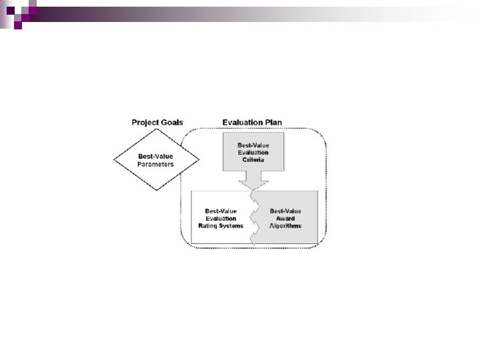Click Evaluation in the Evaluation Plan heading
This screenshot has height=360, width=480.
(241, 122)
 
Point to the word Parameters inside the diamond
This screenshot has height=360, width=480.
(155, 164)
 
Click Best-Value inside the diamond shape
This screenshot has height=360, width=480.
(155, 157)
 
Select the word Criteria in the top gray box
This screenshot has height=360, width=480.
(253, 160)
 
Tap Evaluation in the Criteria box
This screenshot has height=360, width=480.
(253, 153)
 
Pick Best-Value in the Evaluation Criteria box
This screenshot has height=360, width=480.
(253, 145)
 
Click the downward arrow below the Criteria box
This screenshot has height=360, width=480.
(253, 179)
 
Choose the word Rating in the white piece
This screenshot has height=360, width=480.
(210, 226)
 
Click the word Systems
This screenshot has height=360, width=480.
(231, 226)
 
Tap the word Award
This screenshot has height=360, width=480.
(285, 219)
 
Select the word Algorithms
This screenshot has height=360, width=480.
(285, 226)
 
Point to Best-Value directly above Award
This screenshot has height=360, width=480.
(285, 211)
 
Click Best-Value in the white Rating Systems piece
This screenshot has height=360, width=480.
(221, 211)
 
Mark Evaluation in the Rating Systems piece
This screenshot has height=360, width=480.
(221, 219)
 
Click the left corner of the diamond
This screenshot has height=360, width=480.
(114, 160)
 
